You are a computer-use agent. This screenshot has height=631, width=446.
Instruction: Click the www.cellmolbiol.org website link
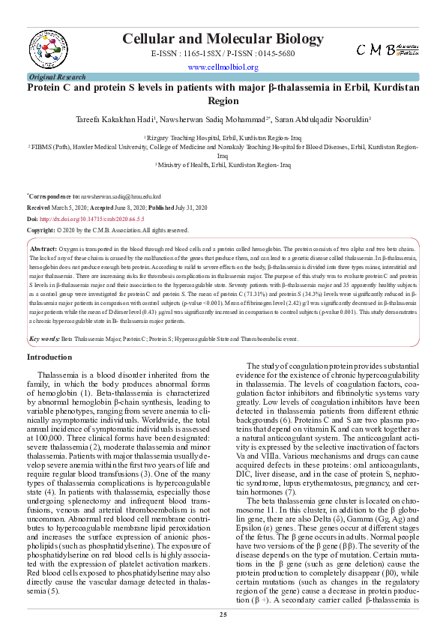point(223,67)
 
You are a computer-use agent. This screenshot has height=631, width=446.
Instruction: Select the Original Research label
point(56,77)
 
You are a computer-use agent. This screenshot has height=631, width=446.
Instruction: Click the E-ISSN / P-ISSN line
point(223,54)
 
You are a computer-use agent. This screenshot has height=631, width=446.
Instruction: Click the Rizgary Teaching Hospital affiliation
point(223,139)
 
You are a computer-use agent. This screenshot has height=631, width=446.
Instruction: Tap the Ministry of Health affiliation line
point(223,164)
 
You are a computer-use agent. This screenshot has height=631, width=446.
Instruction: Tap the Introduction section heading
point(49,357)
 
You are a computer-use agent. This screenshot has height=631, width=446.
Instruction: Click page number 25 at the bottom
point(223,615)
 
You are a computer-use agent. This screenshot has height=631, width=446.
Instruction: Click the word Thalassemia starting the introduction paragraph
point(57,374)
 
